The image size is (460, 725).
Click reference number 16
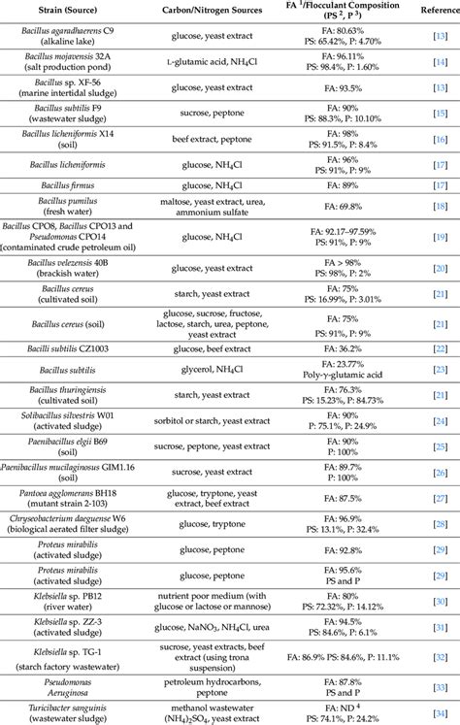pyautogui.click(x=438, y=140)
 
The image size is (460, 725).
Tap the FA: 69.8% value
pyautogui.click(x=332, y=206)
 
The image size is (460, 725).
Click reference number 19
pyautogui.click(x=438, y=236)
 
